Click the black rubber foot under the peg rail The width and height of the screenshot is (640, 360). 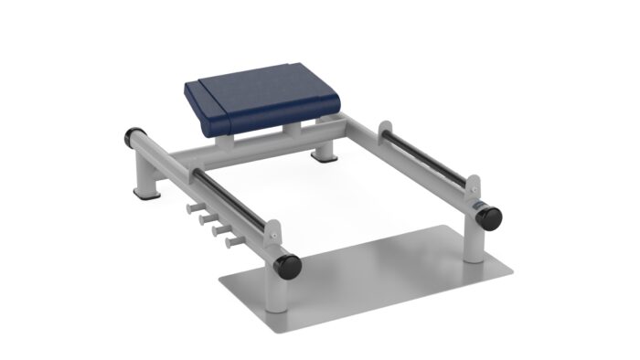(144, 194)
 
